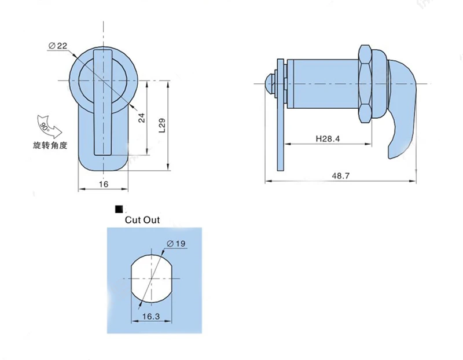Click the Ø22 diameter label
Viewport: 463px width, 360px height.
point(57,46)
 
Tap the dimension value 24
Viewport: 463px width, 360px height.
point(142,118)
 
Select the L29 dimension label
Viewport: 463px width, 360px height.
point(163,126)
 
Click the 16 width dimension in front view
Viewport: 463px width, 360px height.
point(104,184)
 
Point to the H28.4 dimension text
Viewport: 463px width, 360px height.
point(328,138)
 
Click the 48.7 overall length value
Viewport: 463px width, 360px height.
point(340,176)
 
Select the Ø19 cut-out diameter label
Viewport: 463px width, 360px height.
point(176,244)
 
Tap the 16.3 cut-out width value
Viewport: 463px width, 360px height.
point(151,317)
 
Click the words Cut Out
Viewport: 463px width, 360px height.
point(142,220)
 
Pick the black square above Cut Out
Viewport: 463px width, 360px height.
point(119,210)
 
